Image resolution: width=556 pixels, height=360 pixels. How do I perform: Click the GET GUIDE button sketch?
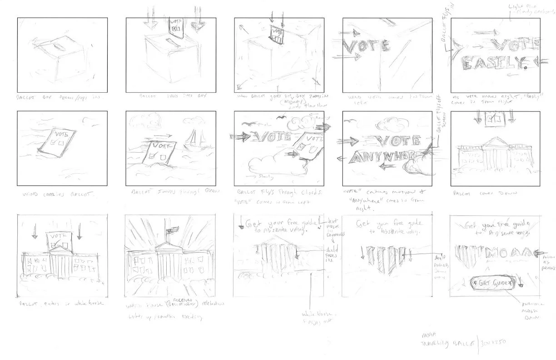click(x=492, y=282)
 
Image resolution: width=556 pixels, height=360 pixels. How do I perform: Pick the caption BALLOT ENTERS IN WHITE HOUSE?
click(x=58, y=303)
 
